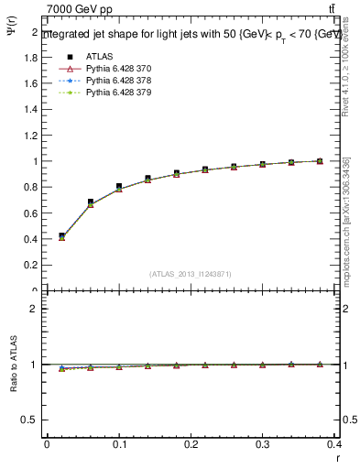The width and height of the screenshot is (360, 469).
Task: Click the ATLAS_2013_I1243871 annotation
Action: tap(191, 274)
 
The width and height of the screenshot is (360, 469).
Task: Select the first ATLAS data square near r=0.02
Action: tap(61, 235)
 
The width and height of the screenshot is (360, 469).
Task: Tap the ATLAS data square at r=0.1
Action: tap(119, 186)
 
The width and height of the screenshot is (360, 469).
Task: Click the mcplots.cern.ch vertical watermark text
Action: tap(346, 229)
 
